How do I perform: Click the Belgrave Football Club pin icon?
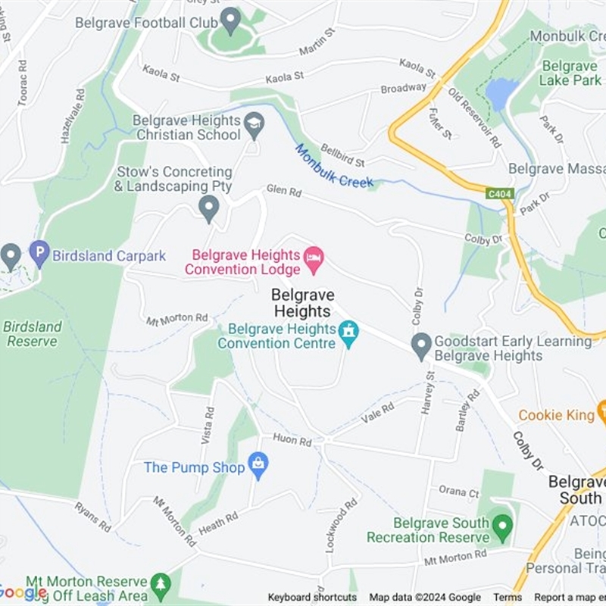click(x=230, y=20)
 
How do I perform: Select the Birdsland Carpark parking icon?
click(x=39, y=252)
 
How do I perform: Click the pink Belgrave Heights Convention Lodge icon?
click(x=313, y=260)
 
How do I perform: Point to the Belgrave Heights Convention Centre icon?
click(x=348, y=333)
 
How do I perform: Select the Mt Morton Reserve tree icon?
click(x=160, y=584)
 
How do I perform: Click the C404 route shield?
click(x=501, y=195)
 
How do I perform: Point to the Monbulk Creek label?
click(x=334, y=167)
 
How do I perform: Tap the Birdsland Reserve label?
click(x=32, y=334)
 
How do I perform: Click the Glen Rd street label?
click(x=283, y=192)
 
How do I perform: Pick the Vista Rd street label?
click(x=209, y=423)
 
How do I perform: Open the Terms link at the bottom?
click(x=508, y=597)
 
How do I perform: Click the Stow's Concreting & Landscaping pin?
click(x=208, y=208)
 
